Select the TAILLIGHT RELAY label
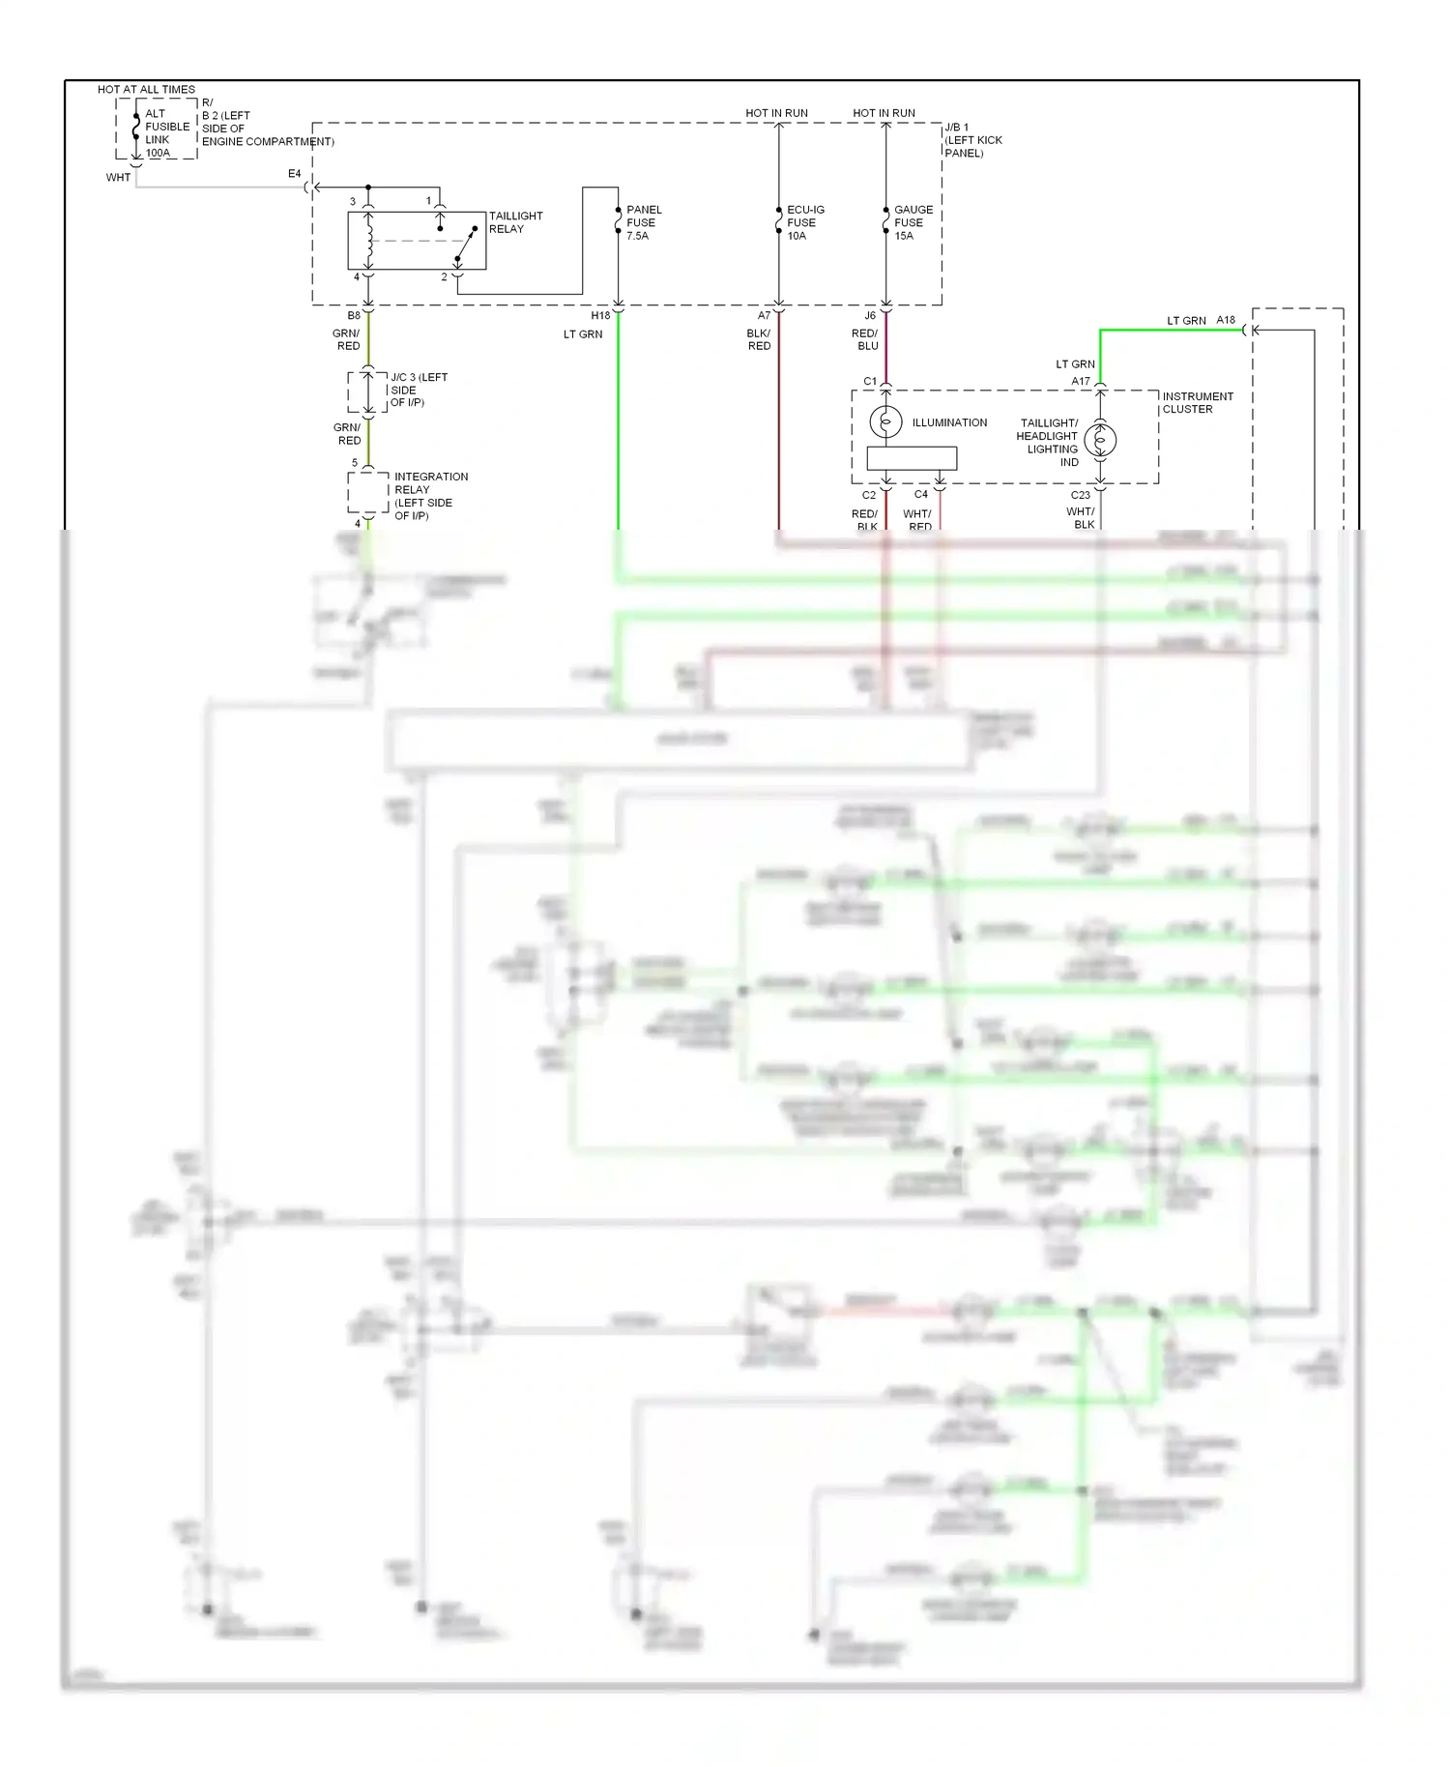coord(514,222)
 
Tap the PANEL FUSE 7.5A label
coord(643,222)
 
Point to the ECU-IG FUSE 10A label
coord(804,222)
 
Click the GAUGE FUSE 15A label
coord(913,222)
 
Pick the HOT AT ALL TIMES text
coord(146,89)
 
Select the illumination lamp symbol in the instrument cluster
coord(885,421)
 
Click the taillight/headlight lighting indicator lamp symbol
coord(1100,441)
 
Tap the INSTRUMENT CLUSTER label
coord(1197,403)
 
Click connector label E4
coord(295,174)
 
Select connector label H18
coord(600,316)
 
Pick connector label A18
coord(1226,320)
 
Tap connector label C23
coord(1080,495)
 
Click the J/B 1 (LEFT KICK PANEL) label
coord(972,140)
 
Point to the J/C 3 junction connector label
coord(418,390)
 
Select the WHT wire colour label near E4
coord(118,178)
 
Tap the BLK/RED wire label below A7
coord(759,339)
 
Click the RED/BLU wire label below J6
coord(865,339)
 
